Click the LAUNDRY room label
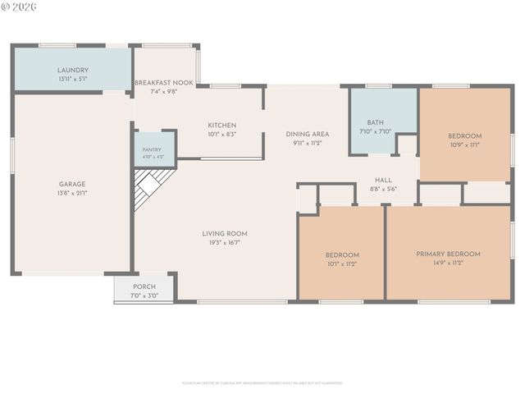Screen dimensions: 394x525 coord(73,71)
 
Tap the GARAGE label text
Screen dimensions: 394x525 coord(72,184)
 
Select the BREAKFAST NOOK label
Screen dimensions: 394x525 coord(165,83)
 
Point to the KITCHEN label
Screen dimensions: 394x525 coord(221,125)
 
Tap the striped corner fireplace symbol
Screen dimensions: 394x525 coord(152,187)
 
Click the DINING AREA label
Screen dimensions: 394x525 coord(308,134)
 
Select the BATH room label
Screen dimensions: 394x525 coord(376,122)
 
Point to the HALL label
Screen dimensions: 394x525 coord(383,180)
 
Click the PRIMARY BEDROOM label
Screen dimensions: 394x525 coord(448,254)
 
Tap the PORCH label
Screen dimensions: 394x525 coord(144,286)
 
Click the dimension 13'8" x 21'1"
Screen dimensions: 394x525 coord(72,194)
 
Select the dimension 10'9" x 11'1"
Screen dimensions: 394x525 coord(464,144)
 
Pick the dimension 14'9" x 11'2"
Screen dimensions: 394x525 coord(448,263)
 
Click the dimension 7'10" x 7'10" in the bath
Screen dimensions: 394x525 coord(376,131)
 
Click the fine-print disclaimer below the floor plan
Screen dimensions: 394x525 coord(262,383)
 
